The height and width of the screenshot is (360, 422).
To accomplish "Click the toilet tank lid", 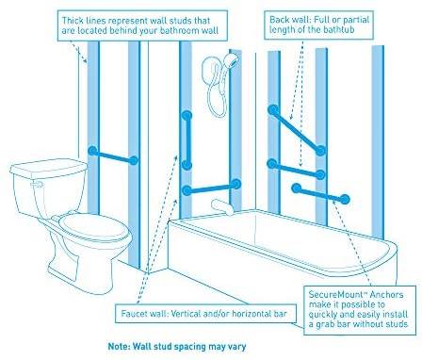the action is pyautogui.click(x=49, y=167).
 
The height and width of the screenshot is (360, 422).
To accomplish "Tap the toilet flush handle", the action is pyautogui.click(x=36, y=184).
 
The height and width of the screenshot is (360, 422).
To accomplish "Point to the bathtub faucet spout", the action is pyautogui.click(x=222, y=206).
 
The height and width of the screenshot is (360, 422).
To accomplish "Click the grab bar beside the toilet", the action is pyautogui.click(x=113, y=155).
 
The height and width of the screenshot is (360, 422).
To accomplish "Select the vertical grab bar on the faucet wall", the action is pyautogui.click(x=187, y=140).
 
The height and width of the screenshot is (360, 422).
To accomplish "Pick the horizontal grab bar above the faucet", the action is pyautogui.click(x=211, y=188).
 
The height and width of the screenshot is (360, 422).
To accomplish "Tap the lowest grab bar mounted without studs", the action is pyautogui.click(x=320, y=194).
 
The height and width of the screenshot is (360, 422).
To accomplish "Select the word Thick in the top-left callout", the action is pyautogui.click(x=73, y=21).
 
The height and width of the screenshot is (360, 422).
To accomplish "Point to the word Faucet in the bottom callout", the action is pyautogui.click(x=132, y=314).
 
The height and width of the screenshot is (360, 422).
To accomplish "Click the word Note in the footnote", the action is pyautogui.click(x=119, y=347).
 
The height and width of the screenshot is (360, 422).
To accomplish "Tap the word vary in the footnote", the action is pyautogui.click(x=237, y=347).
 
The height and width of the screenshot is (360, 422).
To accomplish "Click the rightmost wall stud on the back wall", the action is pyautogui.click(x=378, y=142).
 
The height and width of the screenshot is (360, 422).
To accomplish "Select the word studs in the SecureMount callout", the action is pyautogui.click(x=395, y=324).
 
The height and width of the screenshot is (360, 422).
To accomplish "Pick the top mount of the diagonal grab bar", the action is pyautogui.click(x=273, y=110).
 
